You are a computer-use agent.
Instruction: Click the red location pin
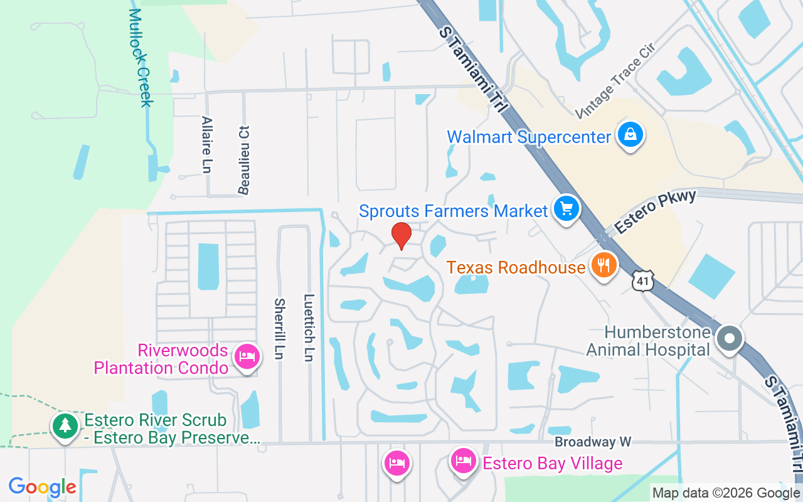[x=401, y=236]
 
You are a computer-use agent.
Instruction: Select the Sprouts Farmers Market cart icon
[x=566, y=208]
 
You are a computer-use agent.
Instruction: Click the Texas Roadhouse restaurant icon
[x=604, y=265]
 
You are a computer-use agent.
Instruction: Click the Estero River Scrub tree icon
[x=65, y=426]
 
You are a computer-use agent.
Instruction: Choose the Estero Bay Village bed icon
[x=464, y=462]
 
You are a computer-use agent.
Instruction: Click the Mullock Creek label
[x=141, y=58]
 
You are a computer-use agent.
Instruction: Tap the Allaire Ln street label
[x=206, y=144]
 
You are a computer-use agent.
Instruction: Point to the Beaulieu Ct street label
[x=243, y=159]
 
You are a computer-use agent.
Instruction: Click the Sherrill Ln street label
[x=279, y=328]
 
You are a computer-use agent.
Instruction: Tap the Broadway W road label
[x=593, y=442]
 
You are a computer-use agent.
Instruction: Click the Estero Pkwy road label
[x=656, y=212]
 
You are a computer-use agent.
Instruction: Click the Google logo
[x=42, y=486]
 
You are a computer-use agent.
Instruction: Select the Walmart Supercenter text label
[x=528, y=137]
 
